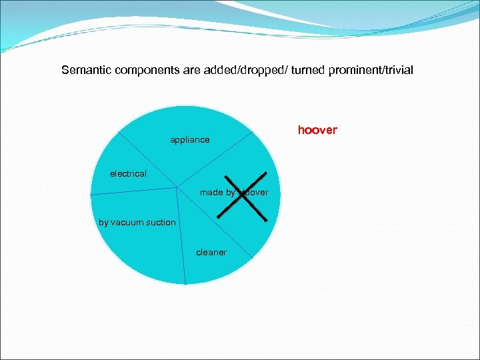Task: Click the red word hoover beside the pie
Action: [x=317, y=130]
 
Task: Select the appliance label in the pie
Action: [x=189, y=140]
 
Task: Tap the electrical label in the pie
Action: [x=128, y=173]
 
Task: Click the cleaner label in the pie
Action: [x=211, y=252]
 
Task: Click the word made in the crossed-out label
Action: [x=211, y=193]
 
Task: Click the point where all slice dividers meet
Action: [x=177, y=187]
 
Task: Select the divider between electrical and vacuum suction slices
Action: [x=133, y=191]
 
